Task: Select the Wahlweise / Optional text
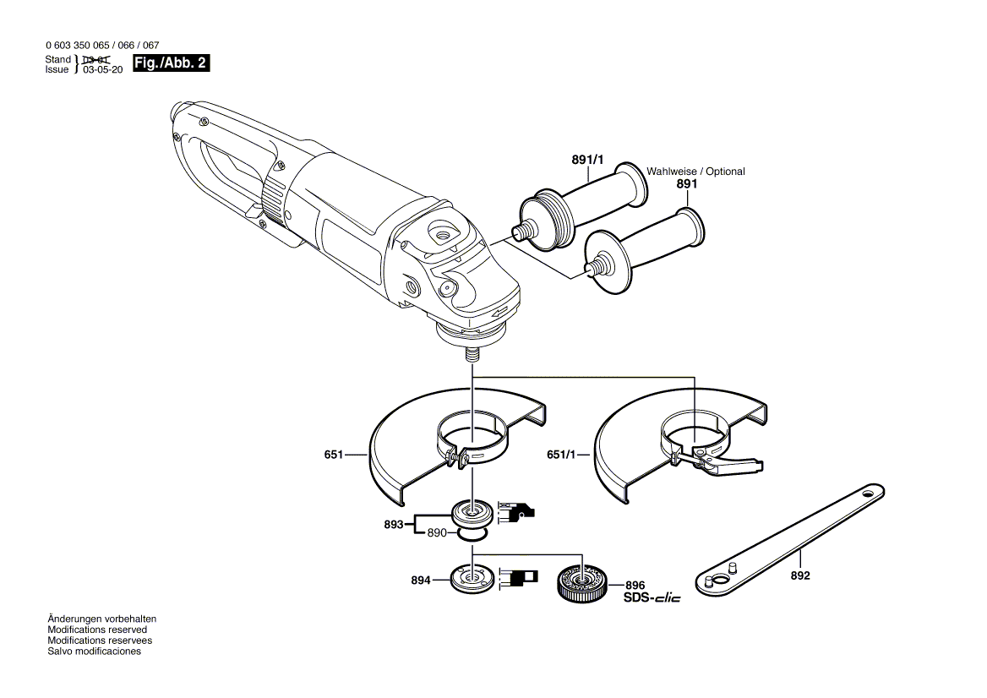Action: point(695,172)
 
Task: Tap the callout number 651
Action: point(333,455)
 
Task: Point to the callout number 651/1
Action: point(560,455)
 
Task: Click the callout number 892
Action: point(799,576)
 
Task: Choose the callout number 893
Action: point(393,524)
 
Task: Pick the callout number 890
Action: point(436,533)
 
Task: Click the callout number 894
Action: point(420,581)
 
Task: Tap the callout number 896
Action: point(635,585)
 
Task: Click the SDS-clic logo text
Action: point(652,598)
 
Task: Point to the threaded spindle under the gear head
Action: point(470,354)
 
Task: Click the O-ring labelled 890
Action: point(472,534)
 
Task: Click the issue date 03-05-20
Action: point(103,71)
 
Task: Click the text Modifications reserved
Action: point(97,630)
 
